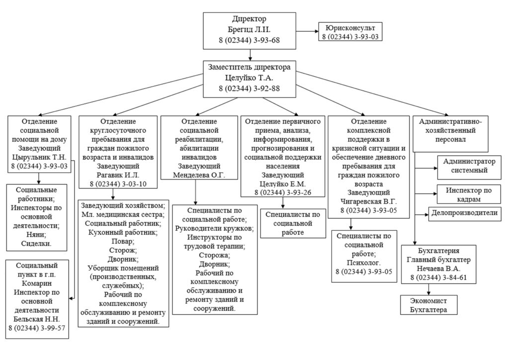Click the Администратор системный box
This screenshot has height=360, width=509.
[x=469, y=166]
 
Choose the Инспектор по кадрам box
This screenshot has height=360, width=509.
[x=469, y=194]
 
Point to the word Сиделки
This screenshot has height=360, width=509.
[x=37, y=243]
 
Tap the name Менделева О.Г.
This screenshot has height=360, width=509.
[x=199, y=175]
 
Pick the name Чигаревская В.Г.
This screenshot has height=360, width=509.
[x=368, y=202]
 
